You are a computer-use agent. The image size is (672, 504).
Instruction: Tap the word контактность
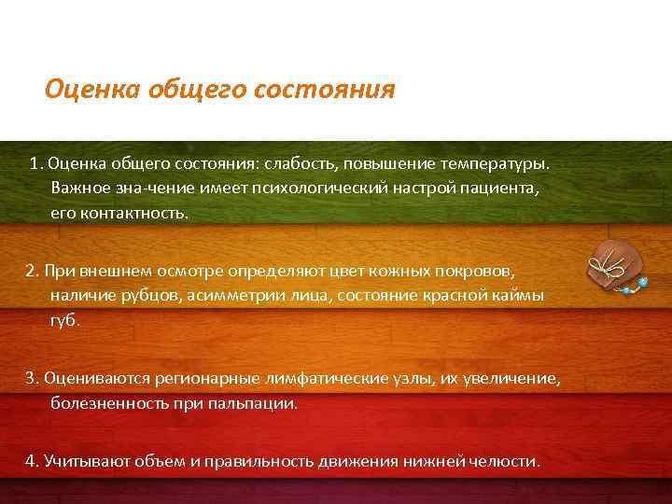pos(132,212)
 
